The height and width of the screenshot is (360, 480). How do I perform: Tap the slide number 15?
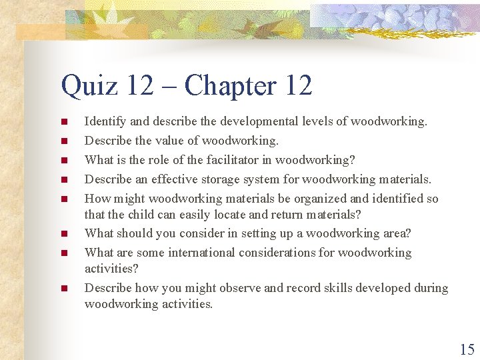tap(467, 349)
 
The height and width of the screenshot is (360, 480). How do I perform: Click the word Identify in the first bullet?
tap(103, 121)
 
